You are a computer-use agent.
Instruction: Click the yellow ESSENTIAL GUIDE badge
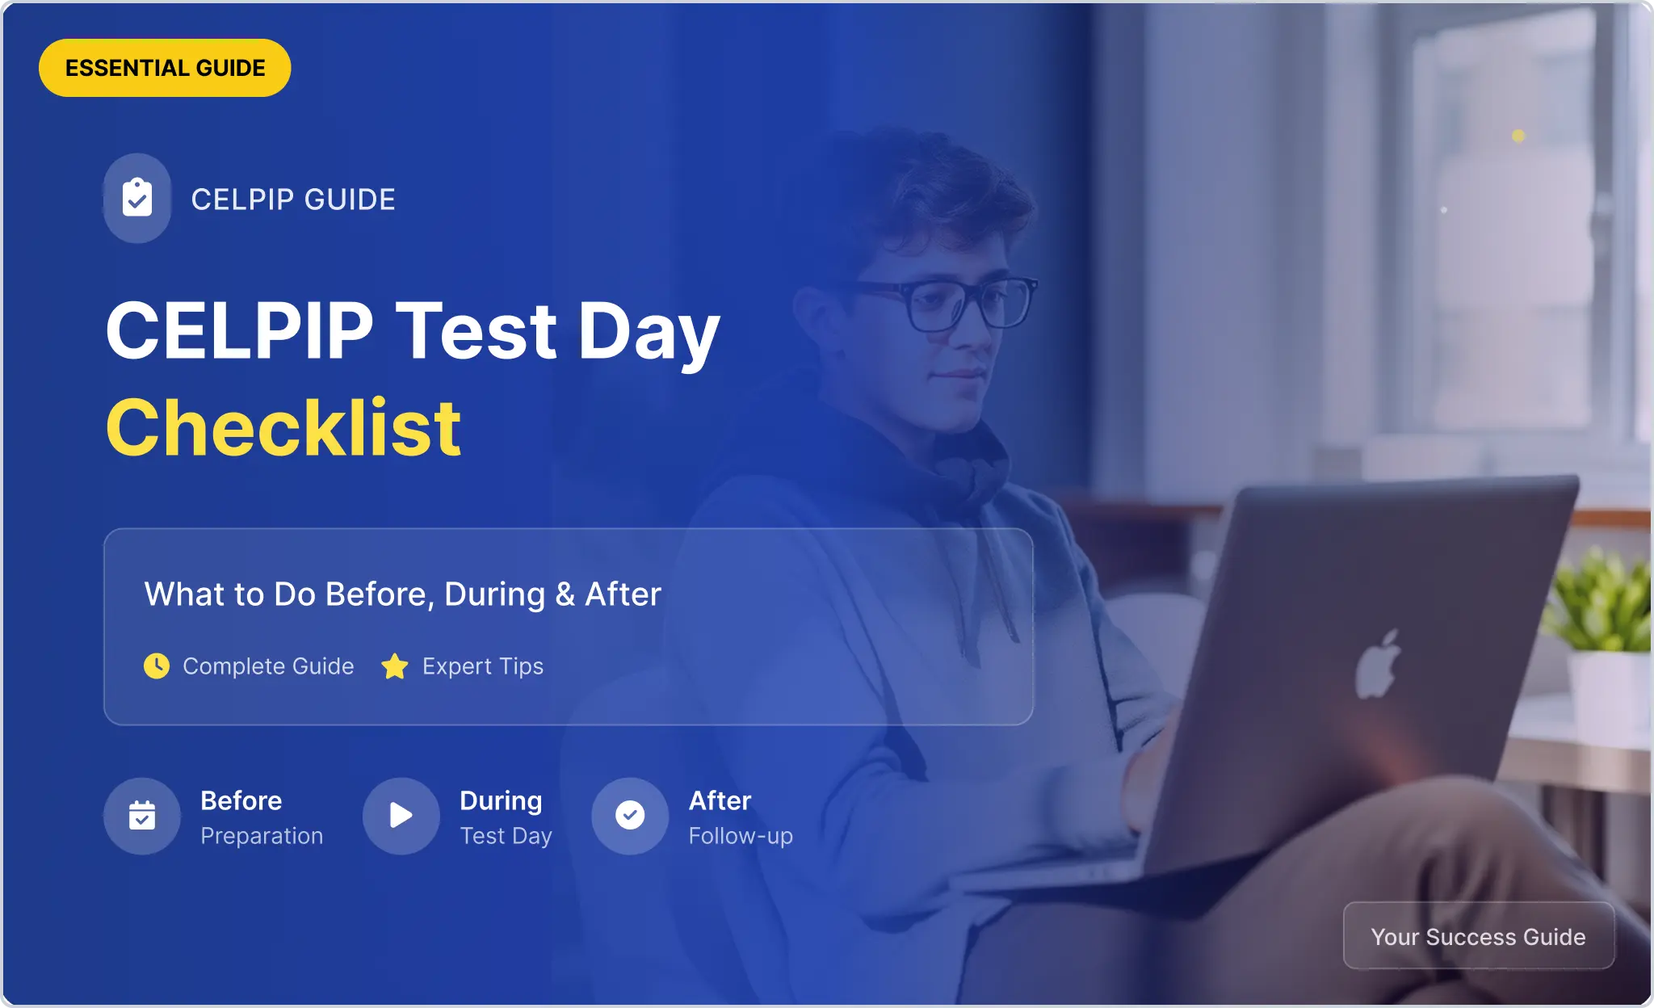(165, 68)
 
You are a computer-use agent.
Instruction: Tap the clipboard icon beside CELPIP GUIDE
(137, 198)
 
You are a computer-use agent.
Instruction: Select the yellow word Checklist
(283, 428)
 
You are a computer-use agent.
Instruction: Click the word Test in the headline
(476, 330)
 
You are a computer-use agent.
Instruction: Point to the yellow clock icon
(157, 666)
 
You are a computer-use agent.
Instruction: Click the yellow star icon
(395, 666)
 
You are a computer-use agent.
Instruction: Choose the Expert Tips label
(483, 666)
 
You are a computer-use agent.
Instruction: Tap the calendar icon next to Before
(142, 816)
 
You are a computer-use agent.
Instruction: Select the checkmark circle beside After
(630, 816)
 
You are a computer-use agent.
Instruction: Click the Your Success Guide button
(1479, 936)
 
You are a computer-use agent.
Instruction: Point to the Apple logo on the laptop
(1378, 664)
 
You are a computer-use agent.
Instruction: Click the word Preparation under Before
(262, 836)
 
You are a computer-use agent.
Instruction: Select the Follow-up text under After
(741, 836)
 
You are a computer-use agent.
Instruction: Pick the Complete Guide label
(268, 666)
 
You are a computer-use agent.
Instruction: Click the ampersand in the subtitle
(565, 594)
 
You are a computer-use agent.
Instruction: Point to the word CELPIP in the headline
(240, 330)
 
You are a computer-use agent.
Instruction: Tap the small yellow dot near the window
(1518, 136)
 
